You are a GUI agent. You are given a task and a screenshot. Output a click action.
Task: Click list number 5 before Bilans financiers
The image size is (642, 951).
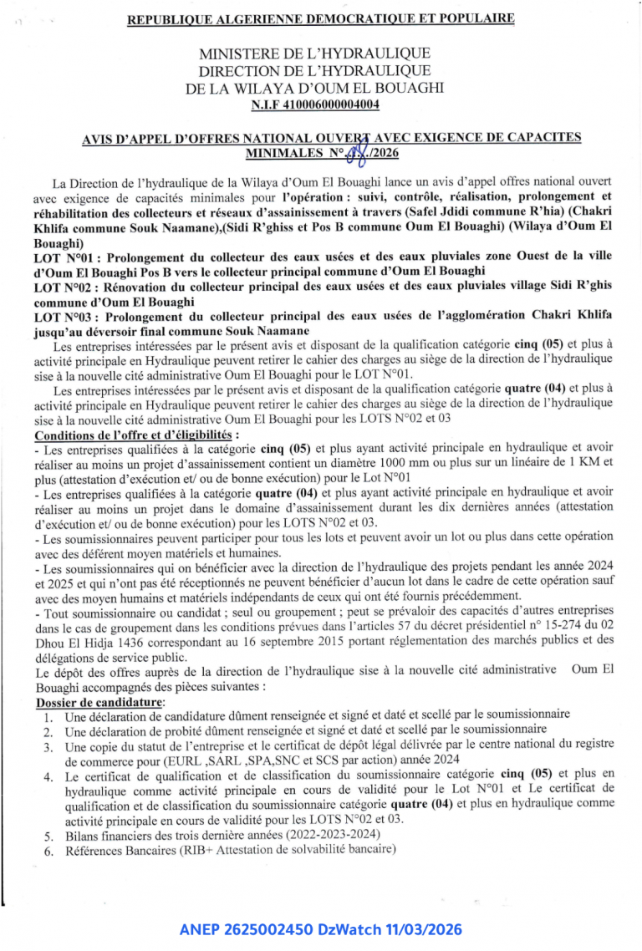point(49,835)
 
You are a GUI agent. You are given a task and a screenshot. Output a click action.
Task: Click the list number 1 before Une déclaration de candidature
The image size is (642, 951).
point(49,715)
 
